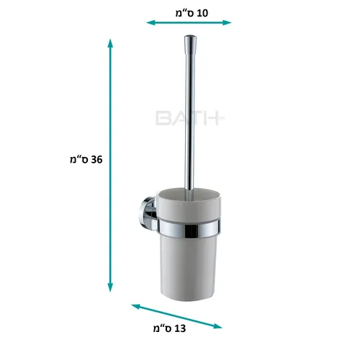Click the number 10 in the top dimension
pos(202,13)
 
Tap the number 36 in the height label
pos(96,160)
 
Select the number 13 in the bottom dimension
pos(180,328)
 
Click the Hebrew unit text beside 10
pos(185,14)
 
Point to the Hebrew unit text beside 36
pos(79,160)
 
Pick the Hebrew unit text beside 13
pos(163,329)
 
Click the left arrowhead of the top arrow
pos(150,23)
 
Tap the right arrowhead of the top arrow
pos(227,23)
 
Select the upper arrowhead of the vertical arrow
pos(110,43)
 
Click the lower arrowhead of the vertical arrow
pos(110,287)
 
